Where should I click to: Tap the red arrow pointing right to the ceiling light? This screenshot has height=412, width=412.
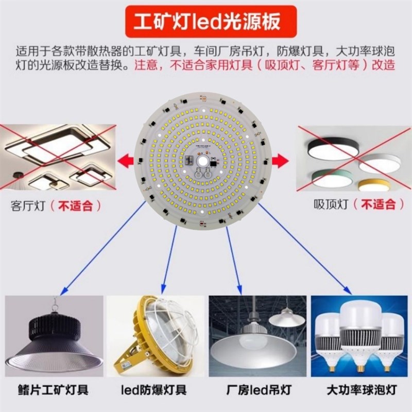[281, 160]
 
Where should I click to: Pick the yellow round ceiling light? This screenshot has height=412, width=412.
[373, 184]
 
